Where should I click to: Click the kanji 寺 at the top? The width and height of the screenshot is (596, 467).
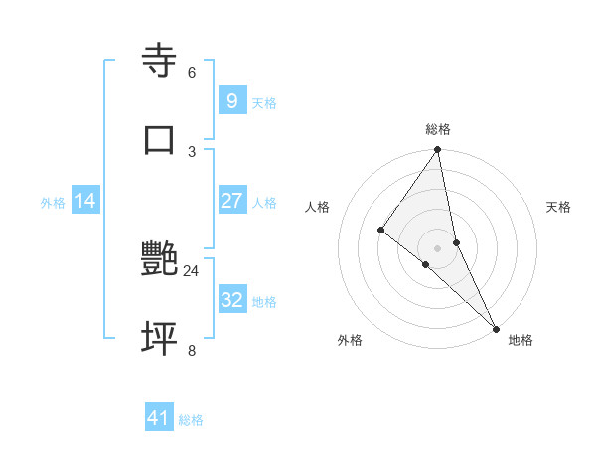pos(160,61)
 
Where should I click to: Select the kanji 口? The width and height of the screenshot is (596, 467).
pos(160,139)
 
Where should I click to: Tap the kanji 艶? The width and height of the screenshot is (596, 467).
pos(160,259)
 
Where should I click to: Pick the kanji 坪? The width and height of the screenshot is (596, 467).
pos(160,338)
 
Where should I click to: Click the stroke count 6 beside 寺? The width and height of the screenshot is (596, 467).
pos(192,73)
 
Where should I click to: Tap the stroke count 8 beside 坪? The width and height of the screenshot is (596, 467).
pos(192,350)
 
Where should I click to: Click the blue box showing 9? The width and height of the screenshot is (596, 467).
pos(231,100)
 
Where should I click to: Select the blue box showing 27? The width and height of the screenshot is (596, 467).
pos(231,201)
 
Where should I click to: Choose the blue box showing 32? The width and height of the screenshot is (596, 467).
pos(231,300)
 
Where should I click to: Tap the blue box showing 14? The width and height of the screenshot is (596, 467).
pos(85,201)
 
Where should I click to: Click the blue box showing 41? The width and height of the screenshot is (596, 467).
pos(159,418)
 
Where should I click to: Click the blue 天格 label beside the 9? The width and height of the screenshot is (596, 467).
pos(264,103)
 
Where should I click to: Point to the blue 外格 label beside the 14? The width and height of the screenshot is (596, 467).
pos(53,203)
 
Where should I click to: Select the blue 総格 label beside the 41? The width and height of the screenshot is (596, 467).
pos(192,421)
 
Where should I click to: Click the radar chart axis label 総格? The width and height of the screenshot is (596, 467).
pos(438,129)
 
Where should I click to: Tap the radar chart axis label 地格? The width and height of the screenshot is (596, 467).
pos(521,340)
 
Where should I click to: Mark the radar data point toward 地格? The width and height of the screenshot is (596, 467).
pos(496,327)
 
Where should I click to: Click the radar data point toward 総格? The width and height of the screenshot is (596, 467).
pos(438,150)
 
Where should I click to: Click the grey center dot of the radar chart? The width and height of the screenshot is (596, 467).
pos(438,247)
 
